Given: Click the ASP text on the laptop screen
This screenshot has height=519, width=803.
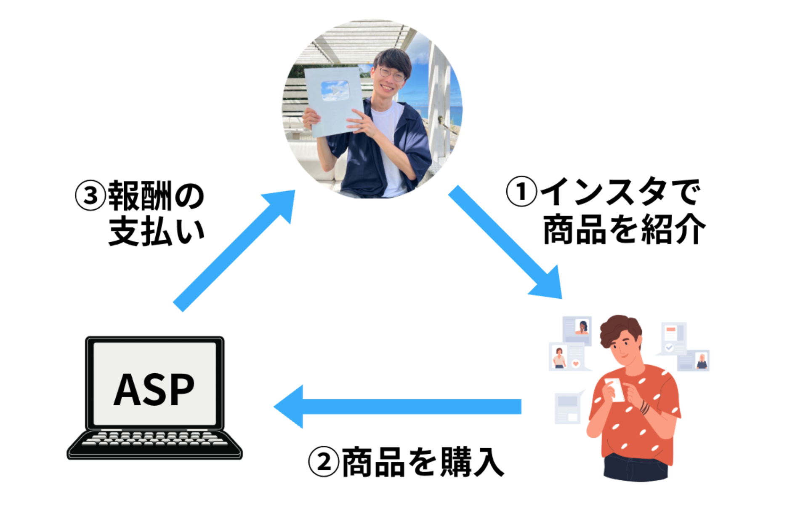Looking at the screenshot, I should [154, 389].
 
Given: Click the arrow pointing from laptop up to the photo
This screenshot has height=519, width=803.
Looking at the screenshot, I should [234, 251].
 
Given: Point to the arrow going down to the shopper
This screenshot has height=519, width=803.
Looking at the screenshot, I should [505, 242].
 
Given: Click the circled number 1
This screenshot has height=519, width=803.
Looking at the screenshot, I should [521, 191].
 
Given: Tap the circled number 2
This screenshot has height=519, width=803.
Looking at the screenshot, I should [323, 462].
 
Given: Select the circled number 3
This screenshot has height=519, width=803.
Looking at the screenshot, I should [90, 195].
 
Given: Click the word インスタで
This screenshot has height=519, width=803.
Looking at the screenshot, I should [621, 192].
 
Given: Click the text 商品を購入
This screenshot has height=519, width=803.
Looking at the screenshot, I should [423, 462].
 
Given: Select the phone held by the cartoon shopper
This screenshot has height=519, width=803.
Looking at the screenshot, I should [614, 388].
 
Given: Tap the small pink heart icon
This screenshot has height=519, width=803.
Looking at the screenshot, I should [576, 363].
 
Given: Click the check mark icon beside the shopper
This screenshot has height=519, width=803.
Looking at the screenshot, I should [669, 348].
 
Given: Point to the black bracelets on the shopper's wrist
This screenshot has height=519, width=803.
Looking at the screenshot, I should [644, 407].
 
